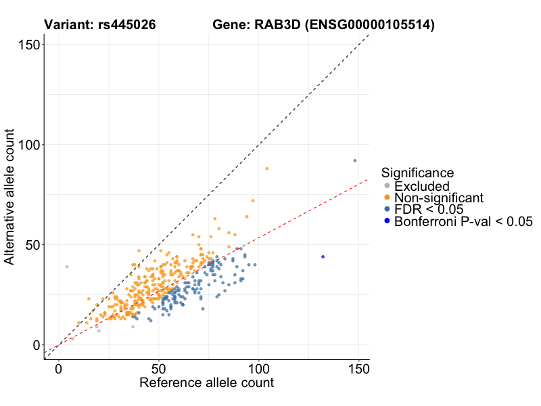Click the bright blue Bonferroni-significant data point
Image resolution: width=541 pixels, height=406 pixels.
(323, 257)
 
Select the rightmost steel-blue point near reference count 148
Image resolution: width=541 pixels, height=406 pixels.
(355, 160)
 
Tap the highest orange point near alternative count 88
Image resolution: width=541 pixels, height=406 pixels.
(267, 168)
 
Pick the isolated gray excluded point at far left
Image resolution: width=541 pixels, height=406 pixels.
(67, 267)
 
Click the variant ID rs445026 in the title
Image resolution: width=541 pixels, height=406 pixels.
(128, 25)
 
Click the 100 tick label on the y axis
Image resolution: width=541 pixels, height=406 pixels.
(28, 145)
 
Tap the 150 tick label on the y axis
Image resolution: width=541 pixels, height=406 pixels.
(28, 45)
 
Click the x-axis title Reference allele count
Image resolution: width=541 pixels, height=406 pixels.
(206, 383)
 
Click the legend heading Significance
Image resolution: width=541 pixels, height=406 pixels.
(417, 173)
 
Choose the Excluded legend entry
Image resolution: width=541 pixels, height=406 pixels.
(421, 186)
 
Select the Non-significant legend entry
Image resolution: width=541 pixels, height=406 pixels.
(439, 198)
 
